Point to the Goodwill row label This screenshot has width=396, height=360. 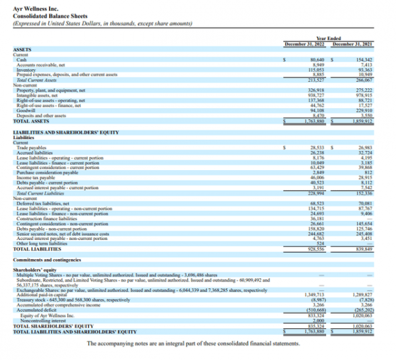[26, 111]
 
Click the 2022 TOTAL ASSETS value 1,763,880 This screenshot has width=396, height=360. [315, 121]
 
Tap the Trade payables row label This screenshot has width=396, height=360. [30, 148]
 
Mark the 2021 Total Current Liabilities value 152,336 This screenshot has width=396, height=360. [365, 193]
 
